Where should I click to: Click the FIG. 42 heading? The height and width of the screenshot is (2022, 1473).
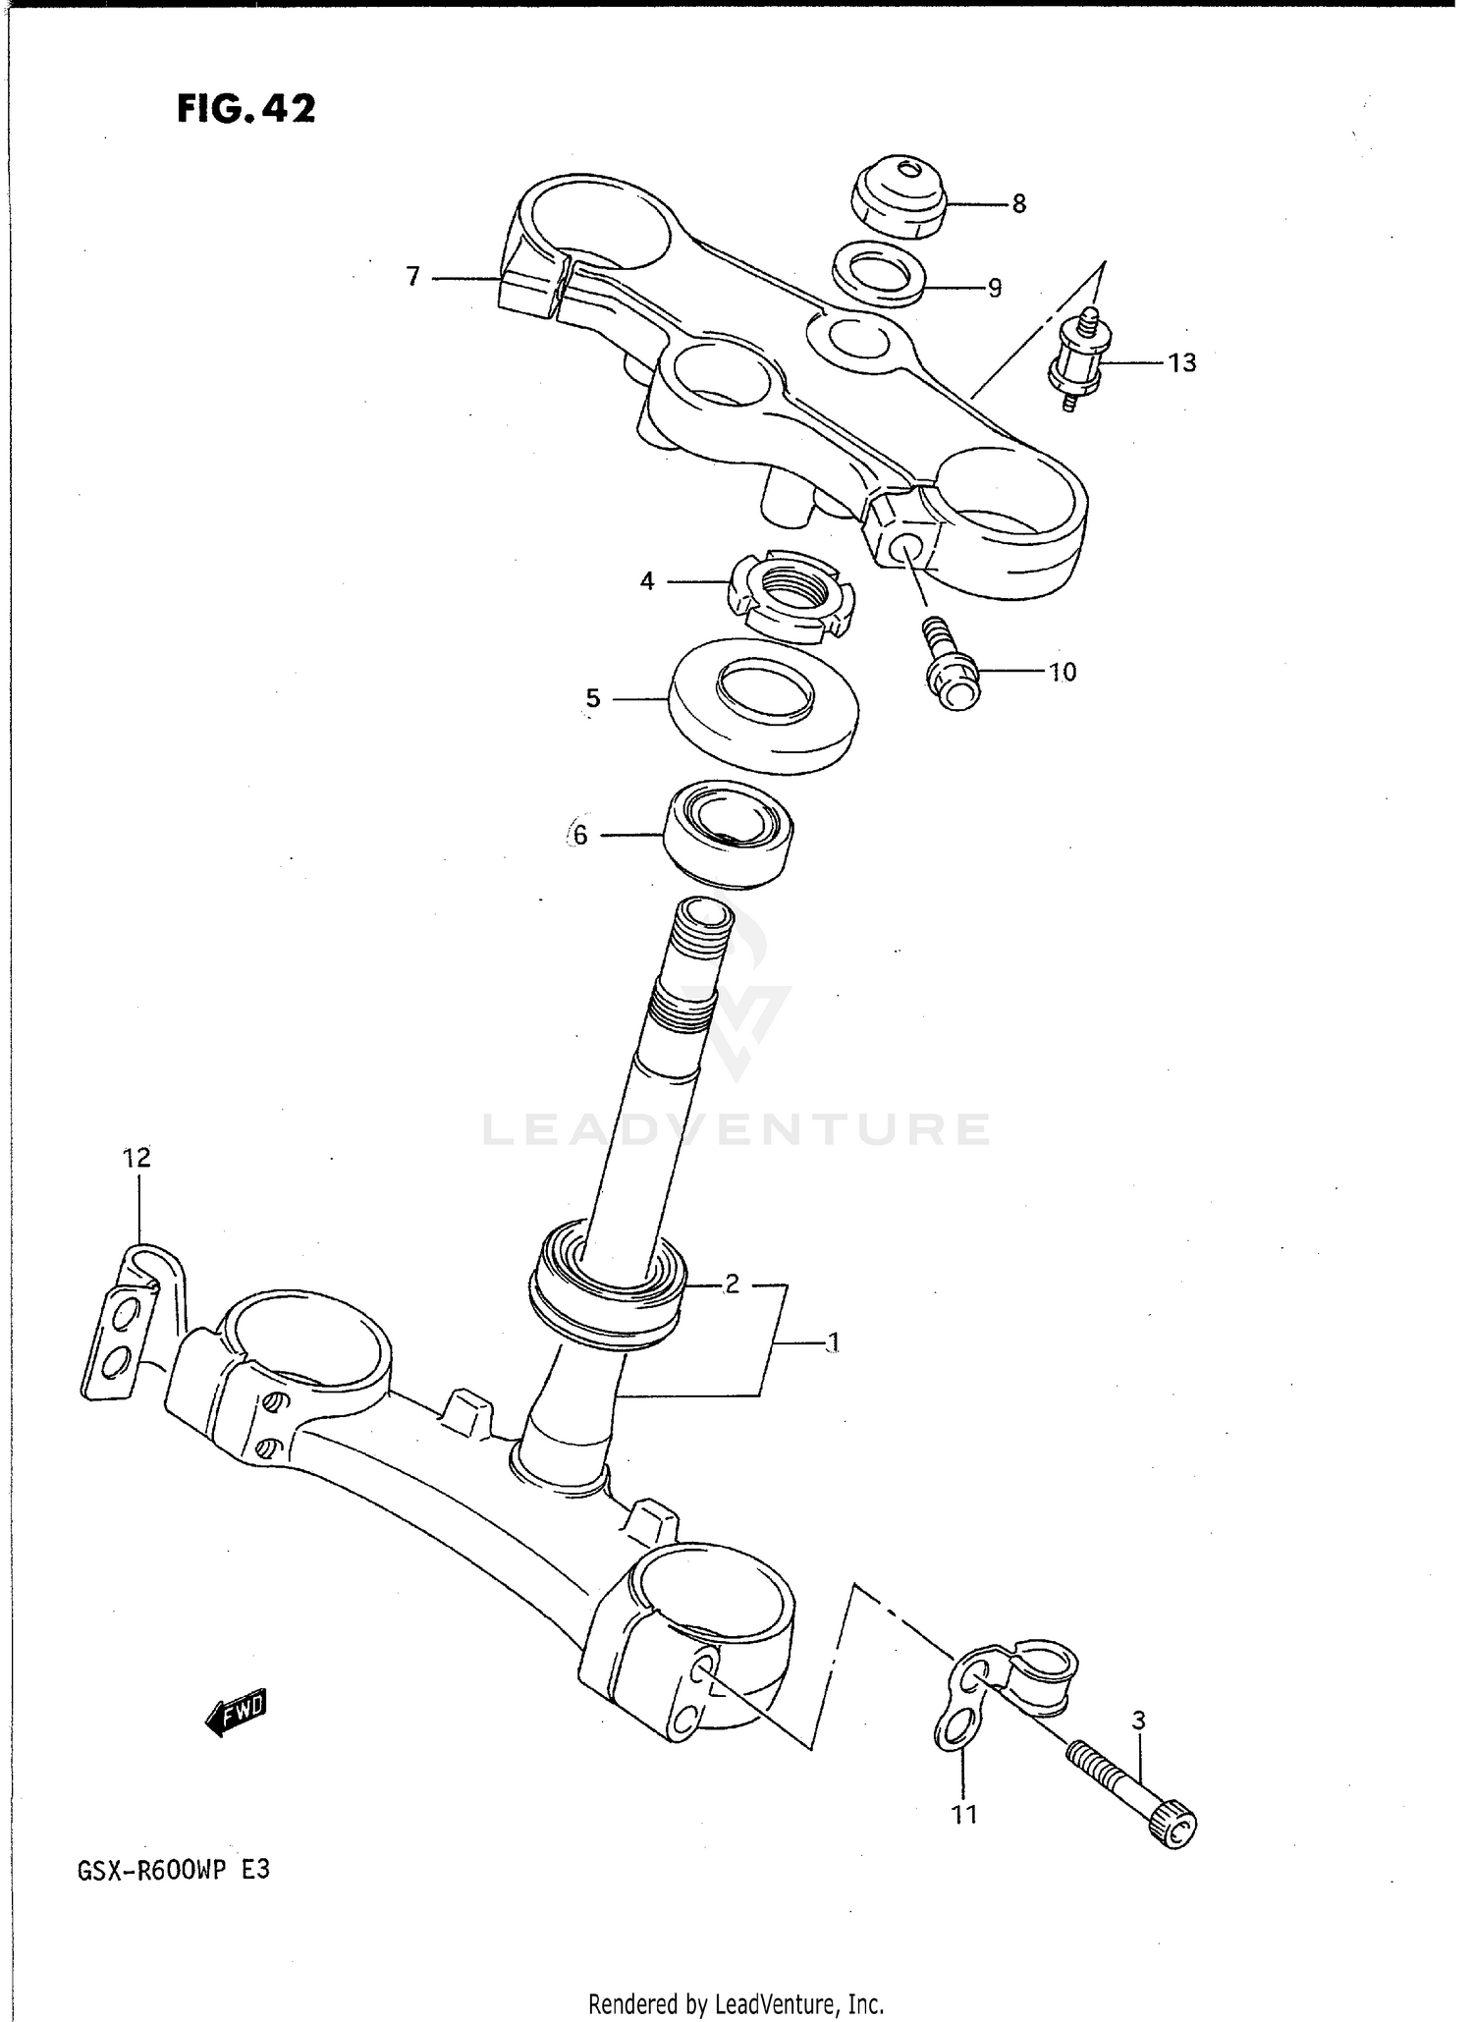click(246, 109)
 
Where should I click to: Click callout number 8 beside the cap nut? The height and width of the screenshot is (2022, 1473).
click(1018, 204)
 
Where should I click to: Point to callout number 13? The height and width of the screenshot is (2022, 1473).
click(1181, 363)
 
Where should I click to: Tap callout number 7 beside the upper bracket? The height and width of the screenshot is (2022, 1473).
click(413, 278)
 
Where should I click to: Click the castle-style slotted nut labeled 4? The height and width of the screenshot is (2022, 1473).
click(791, 596)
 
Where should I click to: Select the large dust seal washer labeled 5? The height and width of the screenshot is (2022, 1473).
click(763, 703)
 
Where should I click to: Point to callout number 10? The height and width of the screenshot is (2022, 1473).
click(1062, 673)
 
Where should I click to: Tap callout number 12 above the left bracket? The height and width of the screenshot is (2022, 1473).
click(136, 1159)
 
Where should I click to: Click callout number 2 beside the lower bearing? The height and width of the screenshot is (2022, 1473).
click(732, 1284)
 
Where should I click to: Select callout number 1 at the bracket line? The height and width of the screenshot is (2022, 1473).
click(832, 1342)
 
